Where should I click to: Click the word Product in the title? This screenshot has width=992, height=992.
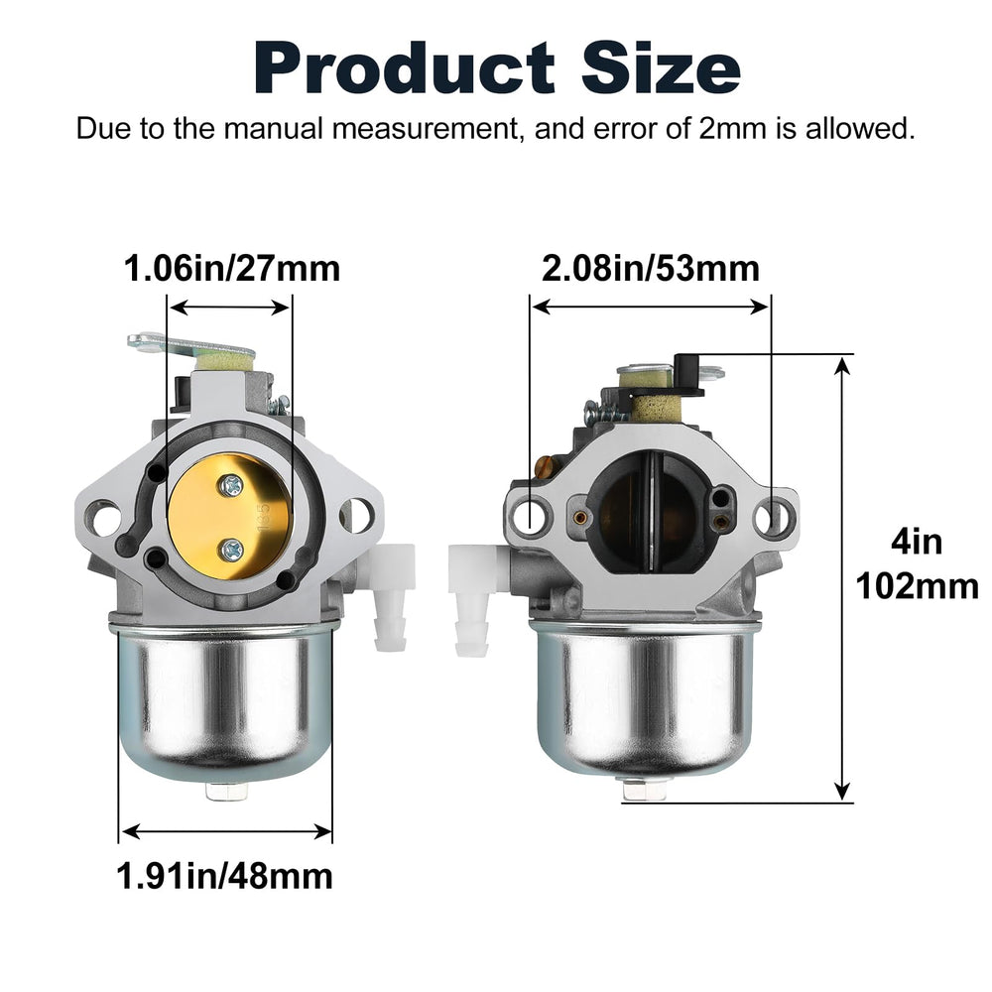click(x=405, y=67)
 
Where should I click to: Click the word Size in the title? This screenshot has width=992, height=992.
click(x=661, y=67)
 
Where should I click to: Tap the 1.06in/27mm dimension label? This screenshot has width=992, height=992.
click(x=231, y=268)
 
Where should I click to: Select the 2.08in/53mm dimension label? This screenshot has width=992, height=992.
click(x=651, y=268)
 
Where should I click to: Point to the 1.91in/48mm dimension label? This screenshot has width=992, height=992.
click(x=224, y=876)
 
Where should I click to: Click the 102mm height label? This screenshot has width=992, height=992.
click(x=917, y=586)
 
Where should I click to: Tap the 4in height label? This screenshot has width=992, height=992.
click(x=917, y=543)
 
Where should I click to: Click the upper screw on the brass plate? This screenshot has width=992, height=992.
click(x=231, y=485)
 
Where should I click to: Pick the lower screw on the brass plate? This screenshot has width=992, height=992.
click(x=230, y=551)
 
